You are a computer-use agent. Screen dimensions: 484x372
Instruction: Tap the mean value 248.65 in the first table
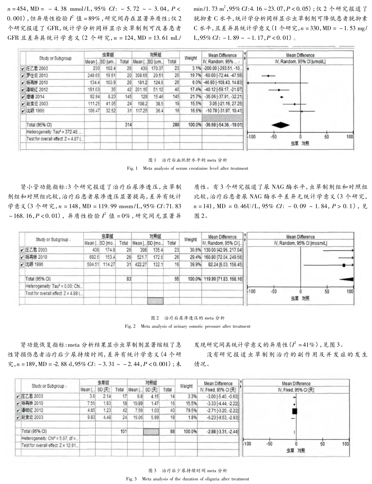pyautogui.click(x=92, y=76)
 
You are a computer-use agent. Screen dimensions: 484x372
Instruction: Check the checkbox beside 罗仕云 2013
pyautogui.click(x=23, y=76)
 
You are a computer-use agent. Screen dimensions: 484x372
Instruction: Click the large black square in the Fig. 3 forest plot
pyautogui.click(x=294, y=411)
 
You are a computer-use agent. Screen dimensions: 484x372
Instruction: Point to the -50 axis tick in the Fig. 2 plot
pyautogui.click(x=273, y=291)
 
